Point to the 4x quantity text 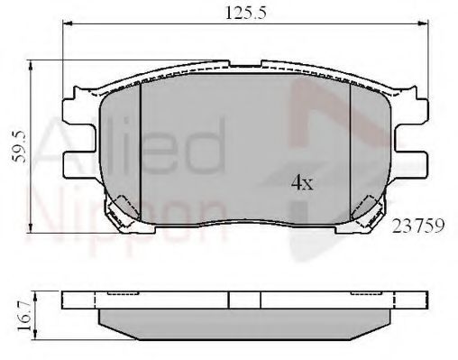pos(301,184)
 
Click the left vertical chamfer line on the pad pos(142,144)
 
